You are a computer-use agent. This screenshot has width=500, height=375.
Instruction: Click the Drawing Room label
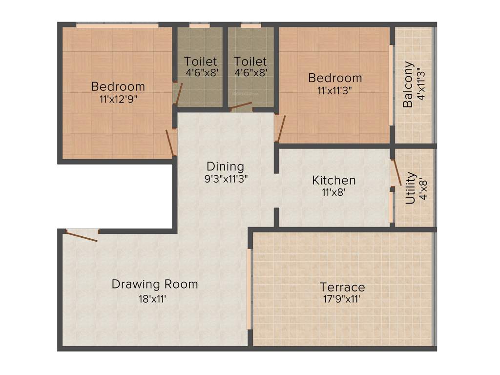pos(155,284)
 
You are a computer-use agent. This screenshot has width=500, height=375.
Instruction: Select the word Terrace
pos(342,287)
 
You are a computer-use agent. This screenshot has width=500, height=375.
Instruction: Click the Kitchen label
pos(334,180)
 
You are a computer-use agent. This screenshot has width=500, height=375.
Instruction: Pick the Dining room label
pos(225,167)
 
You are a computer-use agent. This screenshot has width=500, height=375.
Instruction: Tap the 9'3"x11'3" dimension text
pos(227,179)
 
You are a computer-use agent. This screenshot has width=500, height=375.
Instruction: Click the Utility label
pos(411,187)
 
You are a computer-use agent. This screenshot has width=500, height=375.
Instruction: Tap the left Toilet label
pos(200,62)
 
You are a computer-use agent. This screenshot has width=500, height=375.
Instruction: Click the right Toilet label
pos(250,62)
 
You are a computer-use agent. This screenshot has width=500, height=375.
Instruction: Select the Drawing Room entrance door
pos(82,236)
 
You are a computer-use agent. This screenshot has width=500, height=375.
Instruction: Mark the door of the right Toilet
pos(241,106)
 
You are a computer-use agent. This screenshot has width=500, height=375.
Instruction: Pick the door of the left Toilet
pos(179,93)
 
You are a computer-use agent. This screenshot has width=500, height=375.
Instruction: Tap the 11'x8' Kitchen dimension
pos(334,192)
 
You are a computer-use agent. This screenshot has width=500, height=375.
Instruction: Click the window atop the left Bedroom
pos(117,24)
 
